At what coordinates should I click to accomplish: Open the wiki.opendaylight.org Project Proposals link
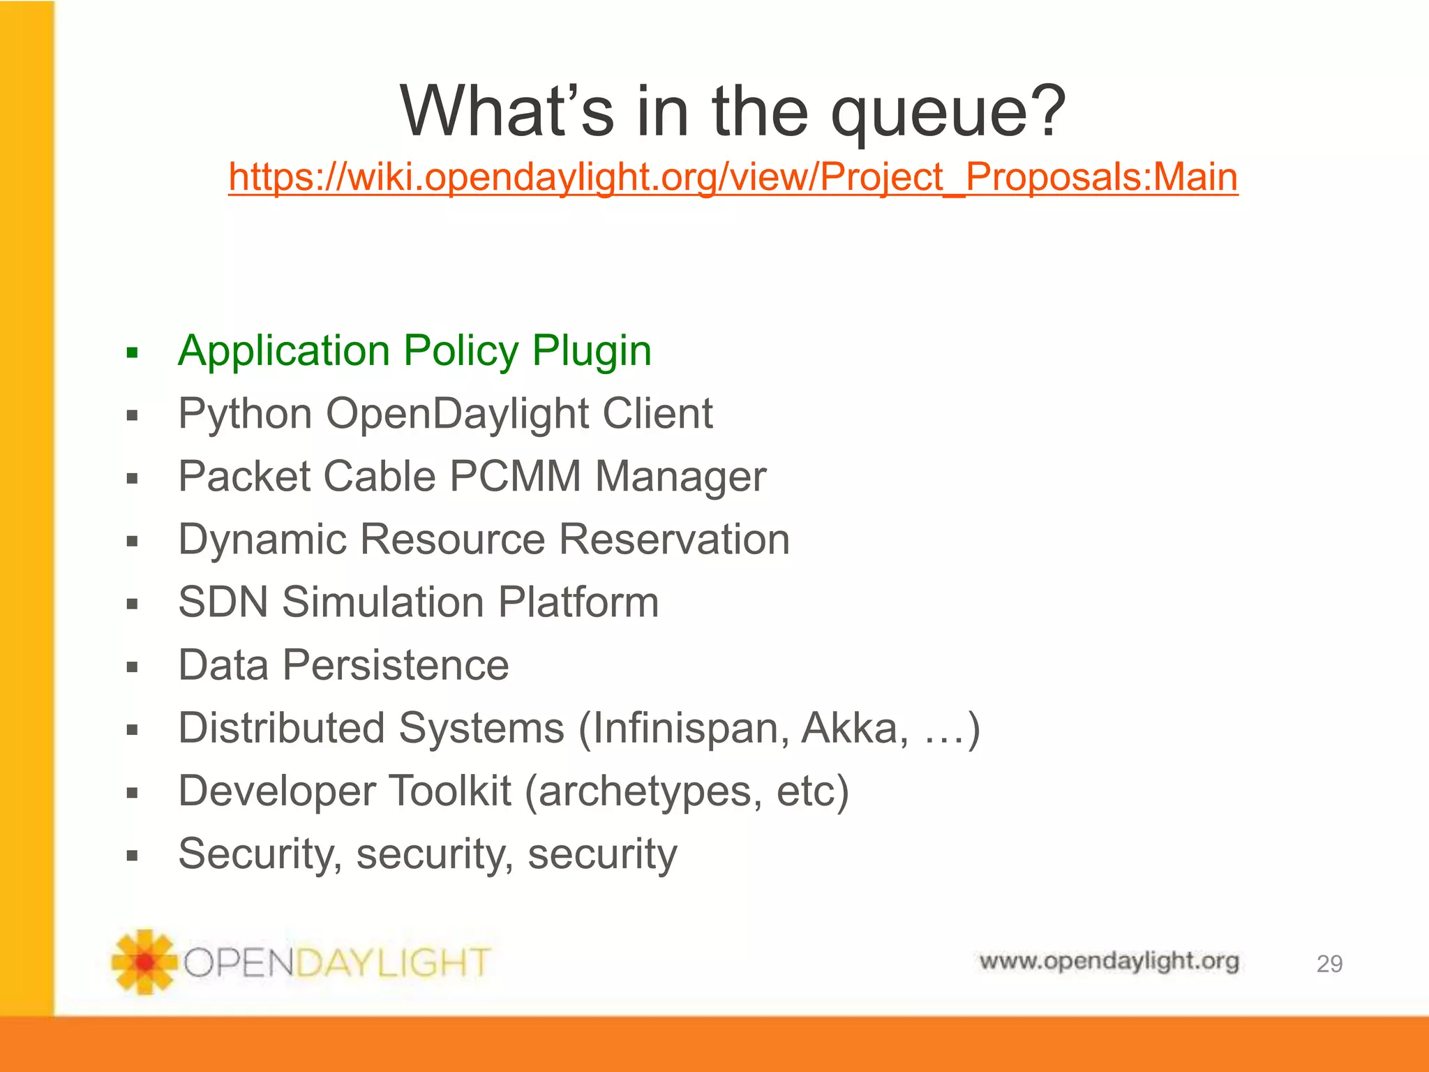coord(733,177)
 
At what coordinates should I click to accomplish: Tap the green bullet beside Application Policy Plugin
coord(133,352)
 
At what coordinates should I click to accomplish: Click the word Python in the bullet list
coord(244,414)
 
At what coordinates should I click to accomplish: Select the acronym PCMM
coord(515,477)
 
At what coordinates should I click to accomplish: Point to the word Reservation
coord(674,539)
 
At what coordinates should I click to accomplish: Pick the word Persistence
coord(395,665)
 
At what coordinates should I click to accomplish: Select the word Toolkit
coord(449,791)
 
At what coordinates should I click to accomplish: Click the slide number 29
coord(1329,964)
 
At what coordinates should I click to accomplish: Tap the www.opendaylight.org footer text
coord(1109,962)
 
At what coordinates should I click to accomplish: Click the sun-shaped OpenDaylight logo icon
coord(144,962)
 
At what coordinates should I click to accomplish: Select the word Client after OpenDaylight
coord(657,414)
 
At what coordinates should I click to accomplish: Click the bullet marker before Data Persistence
coord(133,667)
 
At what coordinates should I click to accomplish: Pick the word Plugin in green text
coord(592,351)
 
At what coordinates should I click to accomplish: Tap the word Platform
coord(578,602)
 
